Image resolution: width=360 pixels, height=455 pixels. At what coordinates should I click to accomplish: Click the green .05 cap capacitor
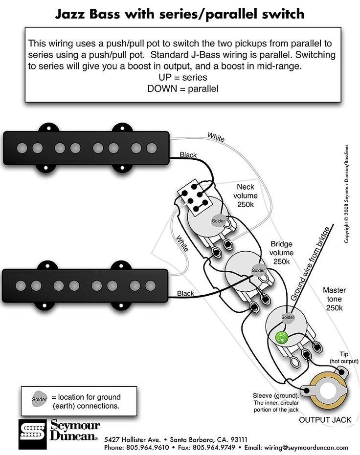pos(282,336)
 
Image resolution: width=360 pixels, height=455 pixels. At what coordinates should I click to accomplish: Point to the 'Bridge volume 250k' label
pos(281,253)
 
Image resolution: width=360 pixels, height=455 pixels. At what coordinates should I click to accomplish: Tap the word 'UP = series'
pos(182,77)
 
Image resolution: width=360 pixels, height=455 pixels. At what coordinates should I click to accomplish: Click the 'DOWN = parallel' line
pos(182,88)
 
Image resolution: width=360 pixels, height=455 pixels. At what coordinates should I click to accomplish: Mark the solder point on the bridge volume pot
pos(257,270)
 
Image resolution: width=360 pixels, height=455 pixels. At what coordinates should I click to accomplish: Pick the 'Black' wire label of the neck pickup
pos(188,155)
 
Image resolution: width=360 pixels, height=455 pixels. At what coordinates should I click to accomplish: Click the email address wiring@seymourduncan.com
pos(306,447)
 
